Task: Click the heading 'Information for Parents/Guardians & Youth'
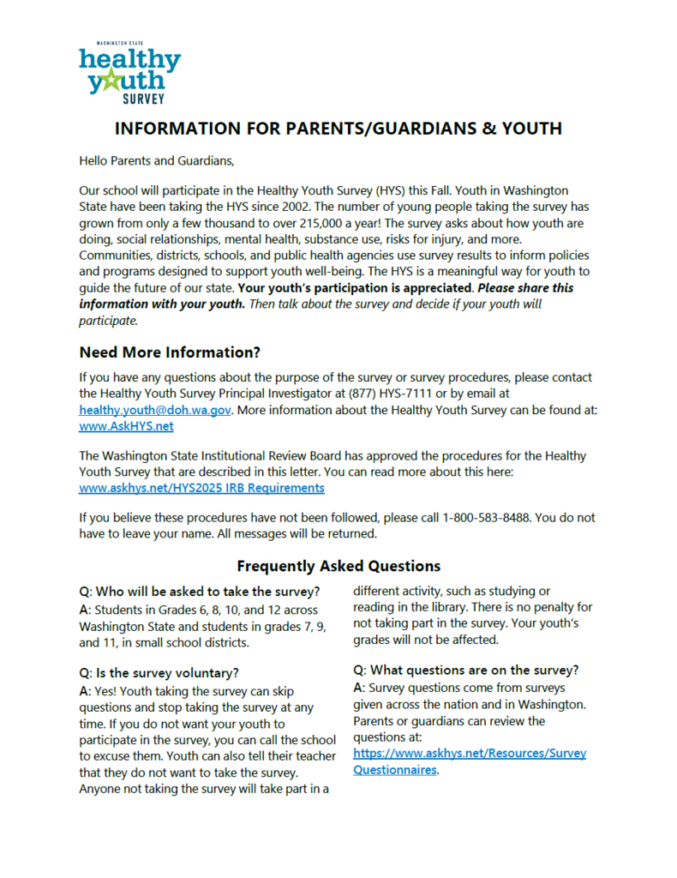[338, 129]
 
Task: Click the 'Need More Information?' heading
[170, 352]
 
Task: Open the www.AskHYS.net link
[126, 426]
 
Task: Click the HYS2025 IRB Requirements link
[201, 488]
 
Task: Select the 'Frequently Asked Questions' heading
[338, 566]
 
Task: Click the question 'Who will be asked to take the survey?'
[200, 591]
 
